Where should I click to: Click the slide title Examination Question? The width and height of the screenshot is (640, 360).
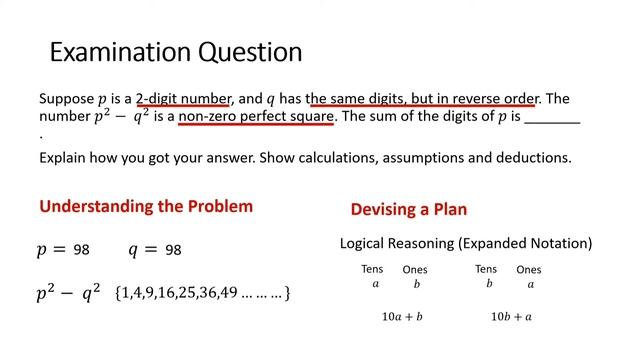175,51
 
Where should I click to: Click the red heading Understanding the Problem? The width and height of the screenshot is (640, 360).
146,207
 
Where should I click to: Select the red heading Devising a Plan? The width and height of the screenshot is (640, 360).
408,210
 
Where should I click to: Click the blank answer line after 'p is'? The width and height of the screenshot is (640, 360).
552,118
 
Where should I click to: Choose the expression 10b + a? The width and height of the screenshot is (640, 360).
511,317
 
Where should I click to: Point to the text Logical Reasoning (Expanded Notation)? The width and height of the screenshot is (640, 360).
466,243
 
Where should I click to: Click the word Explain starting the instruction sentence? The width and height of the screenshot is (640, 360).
65,158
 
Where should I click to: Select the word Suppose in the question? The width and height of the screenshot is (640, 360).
66,99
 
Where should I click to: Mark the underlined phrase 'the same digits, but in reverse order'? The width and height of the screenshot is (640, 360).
423,99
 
